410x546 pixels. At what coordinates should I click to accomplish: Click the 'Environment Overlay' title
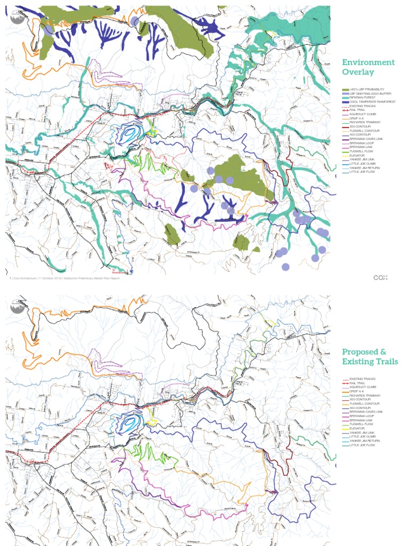click(368, 67)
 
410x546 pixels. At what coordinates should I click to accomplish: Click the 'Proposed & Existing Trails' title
click(369, 357)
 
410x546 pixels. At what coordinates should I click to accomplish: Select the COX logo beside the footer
click(380, 277)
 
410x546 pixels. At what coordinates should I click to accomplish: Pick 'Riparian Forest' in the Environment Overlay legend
click(363, 98)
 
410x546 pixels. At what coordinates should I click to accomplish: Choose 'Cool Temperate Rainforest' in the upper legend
click(368, 102)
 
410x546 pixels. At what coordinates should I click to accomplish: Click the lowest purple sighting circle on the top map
click(286, 267)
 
